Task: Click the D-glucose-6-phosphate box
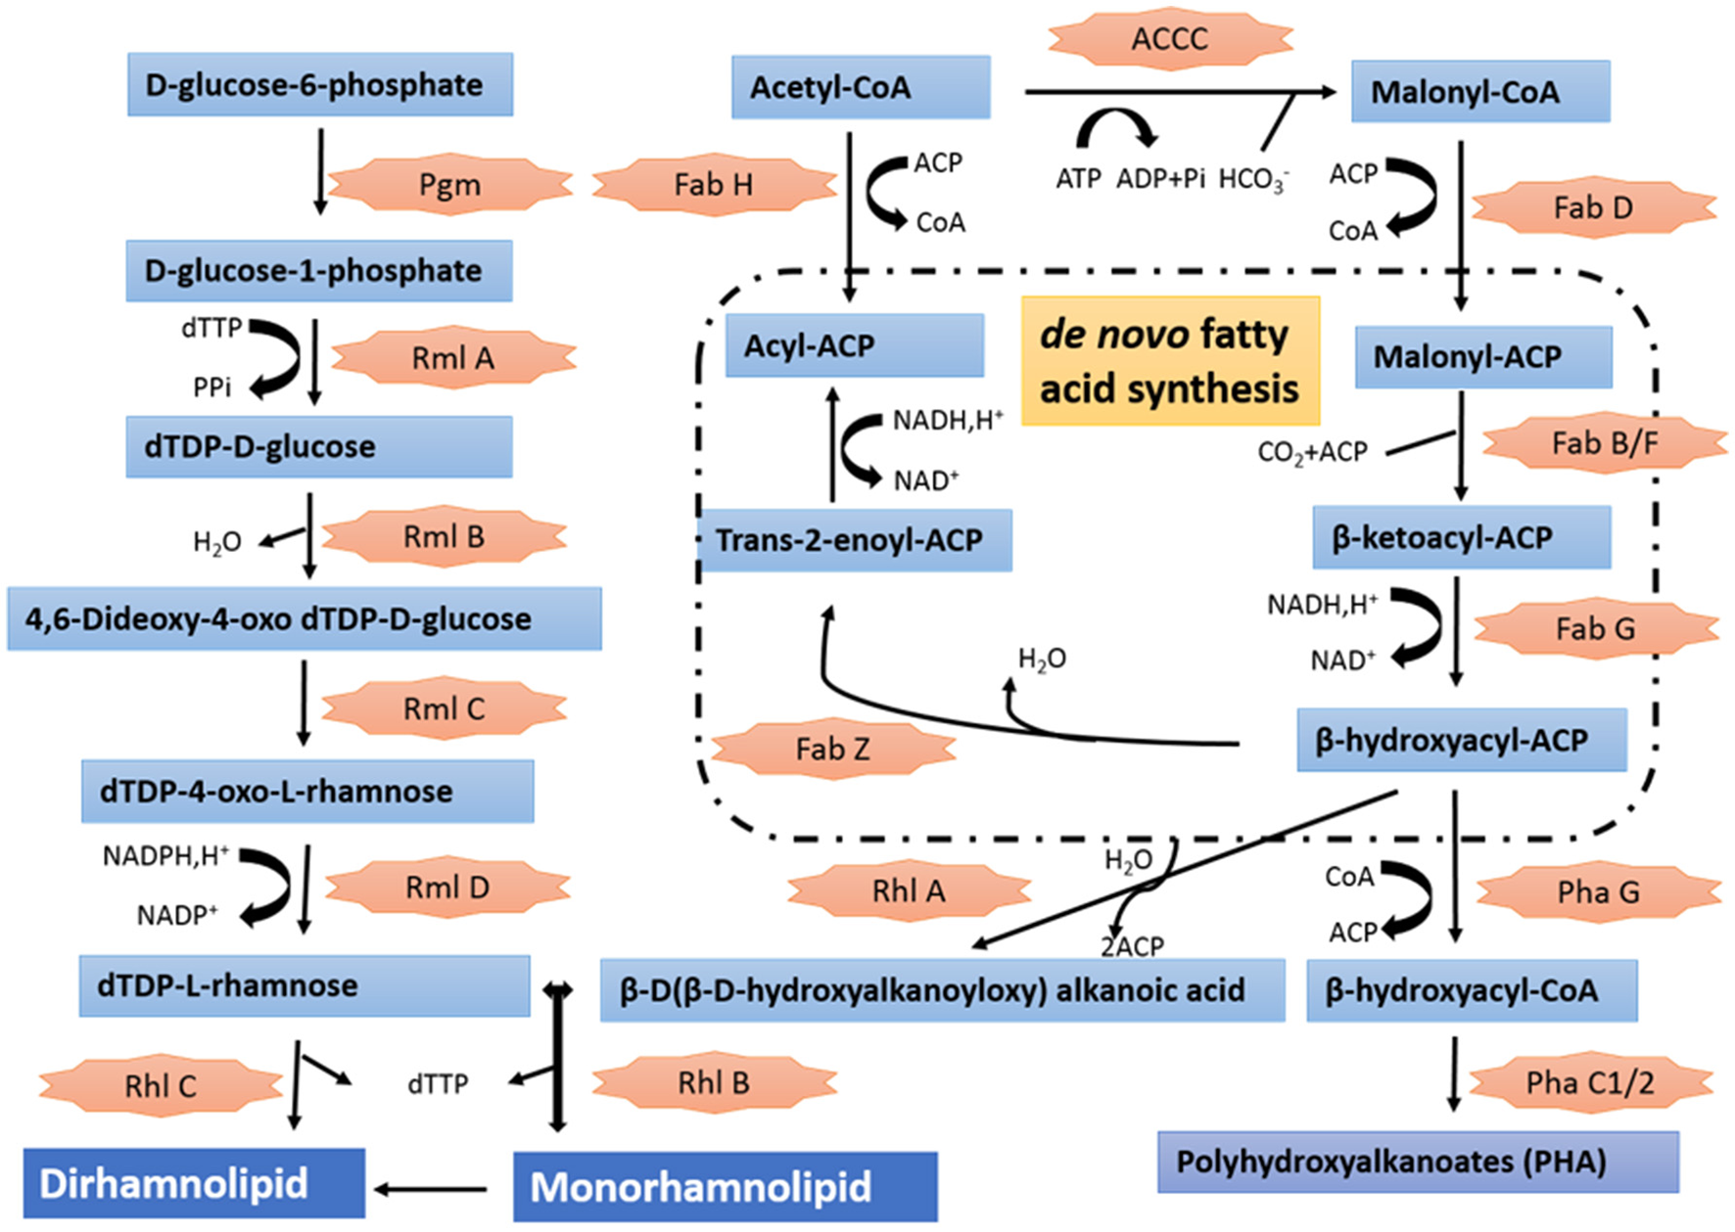coord(319,85)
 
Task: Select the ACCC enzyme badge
coord(1170,39)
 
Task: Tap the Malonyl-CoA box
coord(1479,92)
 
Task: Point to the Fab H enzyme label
coord(714,184)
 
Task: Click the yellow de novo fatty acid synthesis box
coord(1170,361)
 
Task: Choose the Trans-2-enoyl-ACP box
coord(855,540)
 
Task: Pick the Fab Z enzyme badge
coord(833,750)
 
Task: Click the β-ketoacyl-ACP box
coord(1461,537)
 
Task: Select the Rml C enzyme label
coord(445,708)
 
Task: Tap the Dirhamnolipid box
coord(194,1183)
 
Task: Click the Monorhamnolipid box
coord(725,1187)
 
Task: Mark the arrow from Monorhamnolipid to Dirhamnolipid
coord(431,1190)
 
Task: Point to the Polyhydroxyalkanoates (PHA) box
coord(1417,1163)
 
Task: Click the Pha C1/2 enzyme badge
coord(1590,1083)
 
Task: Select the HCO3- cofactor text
coord(1253,180)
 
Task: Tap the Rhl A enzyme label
coord(909,890)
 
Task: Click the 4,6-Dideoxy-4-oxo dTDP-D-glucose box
coord(304,619)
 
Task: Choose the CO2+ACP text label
coord(1312,452)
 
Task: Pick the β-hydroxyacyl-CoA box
coord(1471,990)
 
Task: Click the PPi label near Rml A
coord(211,388)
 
